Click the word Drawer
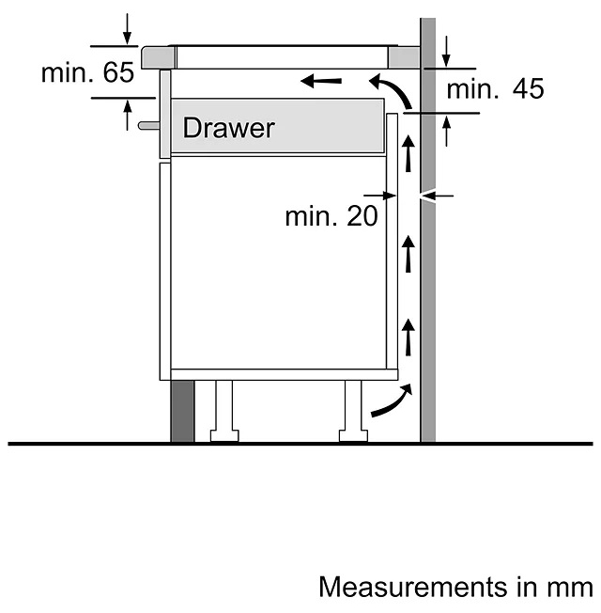(228, 128)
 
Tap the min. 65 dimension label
(87, 73)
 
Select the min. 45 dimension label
(495, 89)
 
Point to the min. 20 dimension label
(331, 216)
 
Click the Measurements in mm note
(455, 587)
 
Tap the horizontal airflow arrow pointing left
(321, 82)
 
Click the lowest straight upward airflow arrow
(408, 337)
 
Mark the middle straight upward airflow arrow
(408, 254)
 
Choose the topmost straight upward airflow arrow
(408, 153)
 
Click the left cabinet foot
(223, 410)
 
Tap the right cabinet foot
(353, 410)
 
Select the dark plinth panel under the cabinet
(181, 410)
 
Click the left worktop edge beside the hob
(156, 57)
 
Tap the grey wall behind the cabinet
(428, 282)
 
